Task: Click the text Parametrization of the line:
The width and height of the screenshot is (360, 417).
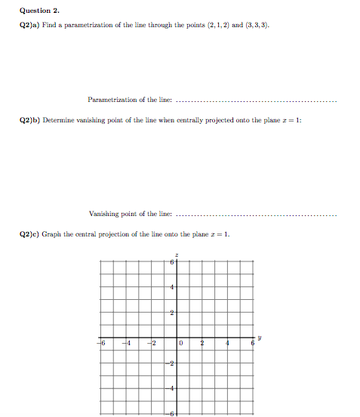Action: click(x=130, y=100)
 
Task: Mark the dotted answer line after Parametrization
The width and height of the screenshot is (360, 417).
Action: click(x=260, y=100)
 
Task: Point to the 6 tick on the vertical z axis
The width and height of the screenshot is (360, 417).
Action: click(x=172, y=263)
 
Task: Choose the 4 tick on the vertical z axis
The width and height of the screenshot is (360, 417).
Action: click(x=172, y=288)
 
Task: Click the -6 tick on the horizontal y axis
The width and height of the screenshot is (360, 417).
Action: click(x=101, y=344)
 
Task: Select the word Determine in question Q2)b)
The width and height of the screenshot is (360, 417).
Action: click(x=57, y=120)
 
